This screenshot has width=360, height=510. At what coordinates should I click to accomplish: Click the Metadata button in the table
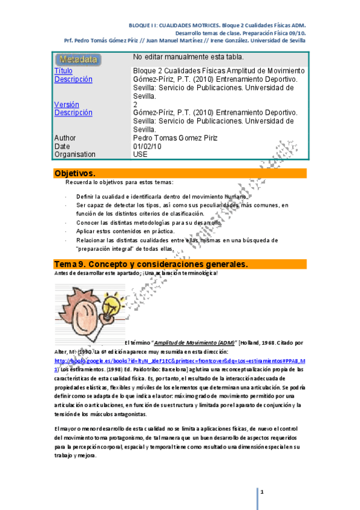tap(79, 60)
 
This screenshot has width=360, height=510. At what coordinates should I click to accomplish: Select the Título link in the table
tap(63, 71)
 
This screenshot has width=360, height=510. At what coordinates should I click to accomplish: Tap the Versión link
tap(66, 105)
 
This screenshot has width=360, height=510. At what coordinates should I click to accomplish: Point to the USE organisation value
tap(139, 155)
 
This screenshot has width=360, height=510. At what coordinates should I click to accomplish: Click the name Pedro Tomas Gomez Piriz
tap(174, 138)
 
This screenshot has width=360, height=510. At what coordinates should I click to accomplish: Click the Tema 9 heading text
tap(150, 265)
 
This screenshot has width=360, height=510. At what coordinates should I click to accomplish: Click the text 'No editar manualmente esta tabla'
tap(188, 57)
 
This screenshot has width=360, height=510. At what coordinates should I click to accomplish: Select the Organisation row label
tap(75, 155)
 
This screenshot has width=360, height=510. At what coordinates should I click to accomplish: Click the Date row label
tap(62, 146)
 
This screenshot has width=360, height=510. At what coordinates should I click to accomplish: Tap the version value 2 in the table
tap(135, 105)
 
